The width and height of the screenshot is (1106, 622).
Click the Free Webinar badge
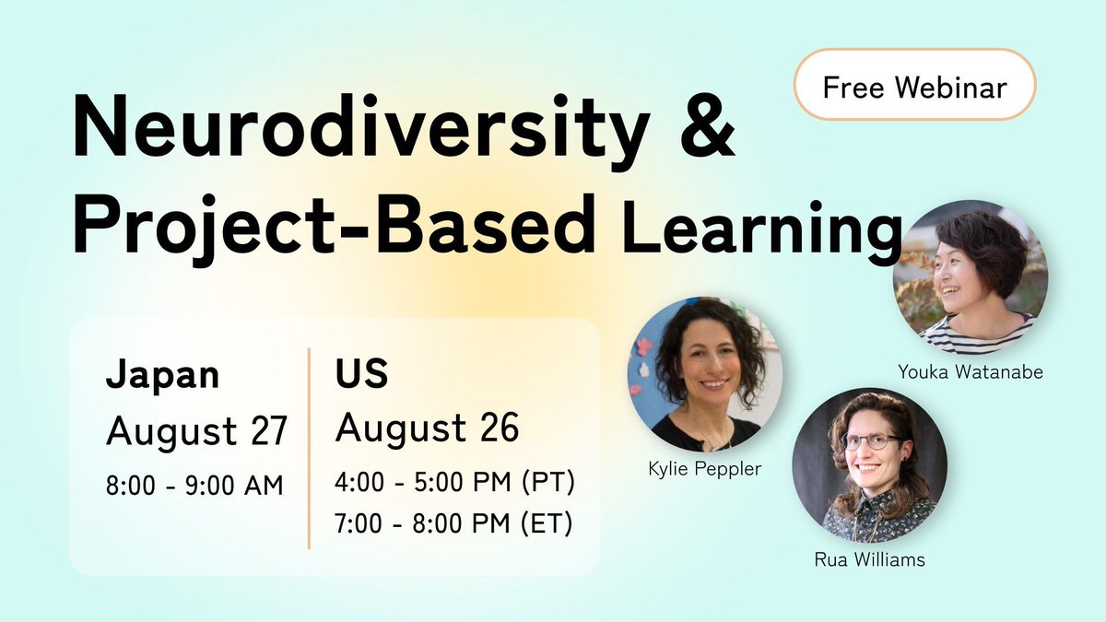tap(914, 88)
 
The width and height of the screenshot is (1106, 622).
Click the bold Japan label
tap(163, 375)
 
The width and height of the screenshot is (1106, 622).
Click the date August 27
tap(197, 429)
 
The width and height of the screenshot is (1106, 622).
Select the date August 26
tap(427, 428)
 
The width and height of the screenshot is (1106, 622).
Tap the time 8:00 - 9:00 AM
tap(194, 484)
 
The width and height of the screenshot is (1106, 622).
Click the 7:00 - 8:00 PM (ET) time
tap(453, 523)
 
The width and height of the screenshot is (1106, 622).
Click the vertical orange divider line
tap(309, 449)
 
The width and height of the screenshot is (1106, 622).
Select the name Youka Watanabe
tap(975, 372)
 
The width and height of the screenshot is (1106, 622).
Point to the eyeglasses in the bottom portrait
tap(870, 441)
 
